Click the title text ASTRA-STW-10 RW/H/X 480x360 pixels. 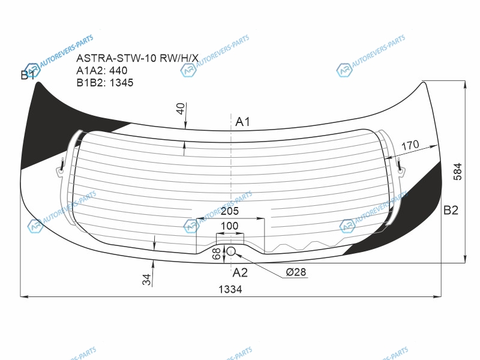tap(137, 58)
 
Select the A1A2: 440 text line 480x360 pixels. tap(101, 70)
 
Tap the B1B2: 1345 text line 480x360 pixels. tap(104, 83)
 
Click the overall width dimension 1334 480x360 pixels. tap(230, 289)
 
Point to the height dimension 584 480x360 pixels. tap(457, 172)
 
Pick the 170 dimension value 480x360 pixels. tap(410, 145)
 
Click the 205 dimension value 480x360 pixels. tap(230, 211)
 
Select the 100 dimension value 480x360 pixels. tap(229, 226)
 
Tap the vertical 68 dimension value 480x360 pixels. tap(217, 253)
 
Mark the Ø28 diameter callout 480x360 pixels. tap(296, 272)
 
